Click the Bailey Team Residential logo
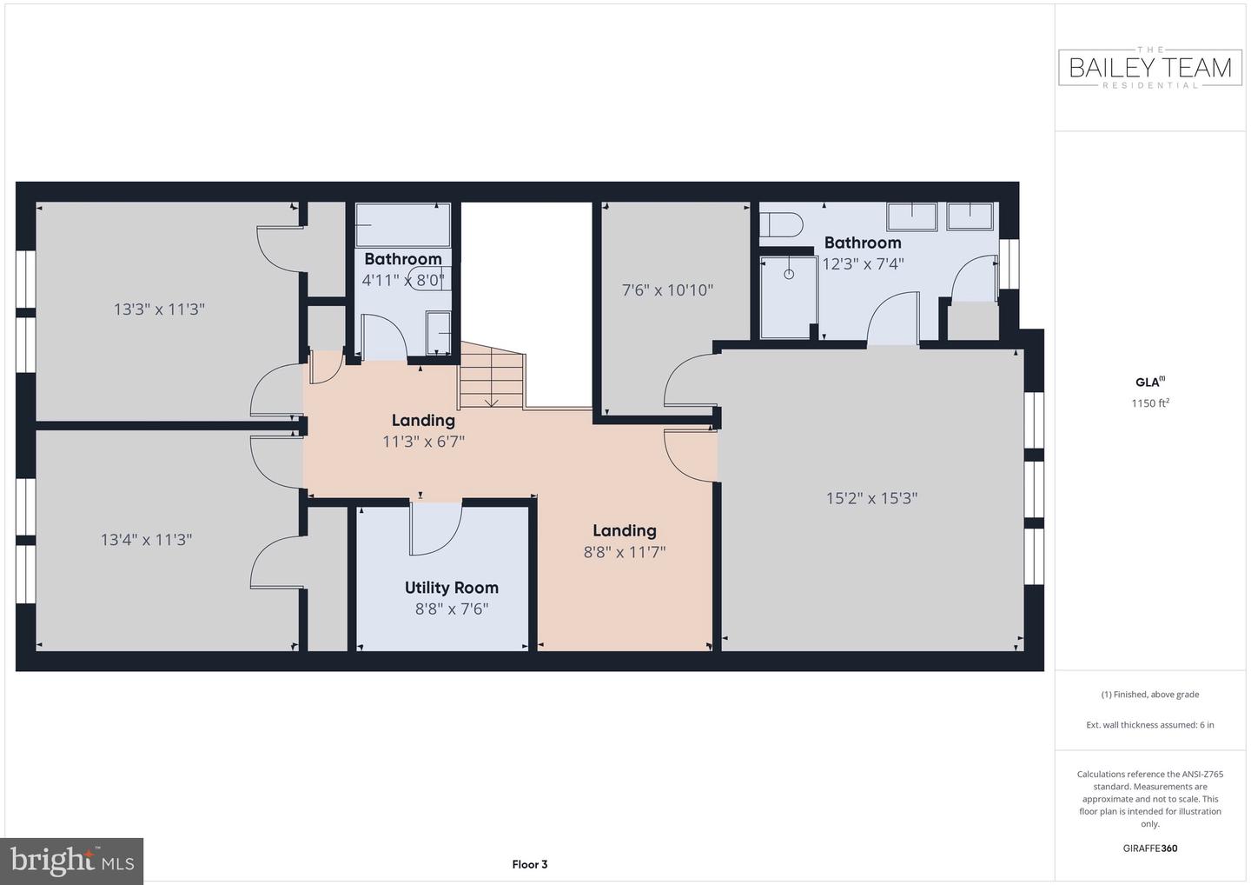1150,68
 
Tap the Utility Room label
451,588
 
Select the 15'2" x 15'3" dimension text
872,498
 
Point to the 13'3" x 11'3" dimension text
159,309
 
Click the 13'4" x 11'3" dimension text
146,540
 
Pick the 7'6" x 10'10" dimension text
667,290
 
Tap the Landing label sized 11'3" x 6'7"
423,420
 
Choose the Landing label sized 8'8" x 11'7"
625,530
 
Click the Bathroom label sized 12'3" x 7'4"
863,243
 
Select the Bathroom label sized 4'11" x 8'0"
403,259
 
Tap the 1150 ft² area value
1150,403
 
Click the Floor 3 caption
529,864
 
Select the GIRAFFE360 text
1150,848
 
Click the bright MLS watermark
71,861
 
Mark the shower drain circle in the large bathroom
789,275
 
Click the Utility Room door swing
436,529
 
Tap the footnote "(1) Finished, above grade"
1150,695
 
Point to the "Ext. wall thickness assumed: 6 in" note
1150,725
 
